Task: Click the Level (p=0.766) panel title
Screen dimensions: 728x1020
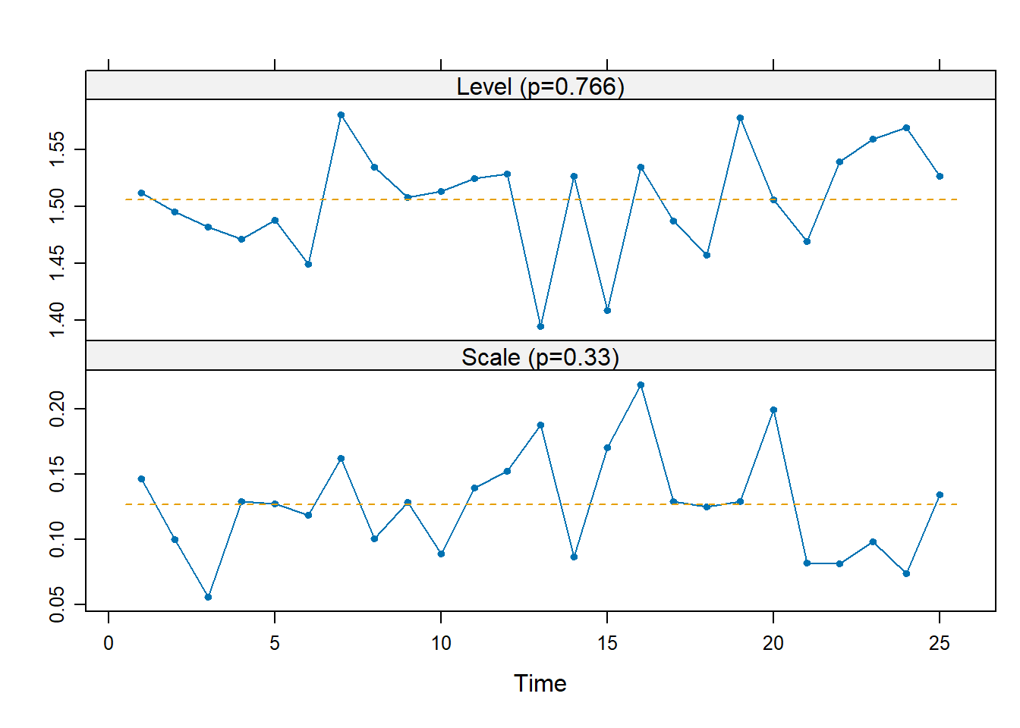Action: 540,86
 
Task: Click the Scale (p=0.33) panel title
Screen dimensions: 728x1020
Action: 540,357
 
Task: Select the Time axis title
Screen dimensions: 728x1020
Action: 540,683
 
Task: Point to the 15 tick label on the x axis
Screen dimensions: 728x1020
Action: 607,644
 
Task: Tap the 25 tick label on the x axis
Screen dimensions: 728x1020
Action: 940,644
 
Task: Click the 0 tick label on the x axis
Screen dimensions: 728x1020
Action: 109,644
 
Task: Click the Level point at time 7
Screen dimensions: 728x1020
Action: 341,115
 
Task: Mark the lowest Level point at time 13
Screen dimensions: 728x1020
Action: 540,326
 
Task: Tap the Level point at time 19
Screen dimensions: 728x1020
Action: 740,118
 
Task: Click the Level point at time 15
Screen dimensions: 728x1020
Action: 607,310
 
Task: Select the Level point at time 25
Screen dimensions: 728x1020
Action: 940,176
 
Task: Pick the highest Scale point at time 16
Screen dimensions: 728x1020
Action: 641,385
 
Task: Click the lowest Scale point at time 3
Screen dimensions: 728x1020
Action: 208,597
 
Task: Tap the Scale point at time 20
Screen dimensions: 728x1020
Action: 773,409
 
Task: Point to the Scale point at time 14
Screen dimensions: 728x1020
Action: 574,557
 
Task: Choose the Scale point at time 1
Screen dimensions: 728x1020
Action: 141,479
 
